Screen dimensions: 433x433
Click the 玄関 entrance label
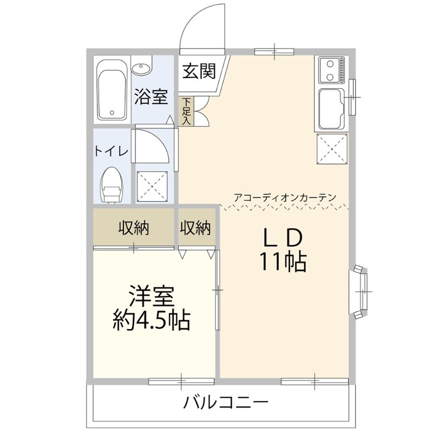[x=199, y=71]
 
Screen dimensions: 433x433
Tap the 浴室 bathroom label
[x=150, y=97]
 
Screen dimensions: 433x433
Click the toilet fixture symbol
[x=111, y=186]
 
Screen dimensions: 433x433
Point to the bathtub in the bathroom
[x=112, y=90]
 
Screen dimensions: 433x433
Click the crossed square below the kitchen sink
[x=331, y=148]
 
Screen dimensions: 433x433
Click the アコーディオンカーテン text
[x=285, y=198]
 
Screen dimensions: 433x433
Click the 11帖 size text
[x=283, y=263]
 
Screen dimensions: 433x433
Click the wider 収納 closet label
[x=134, y=229]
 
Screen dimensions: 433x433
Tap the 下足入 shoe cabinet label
[x=186, y=111]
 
